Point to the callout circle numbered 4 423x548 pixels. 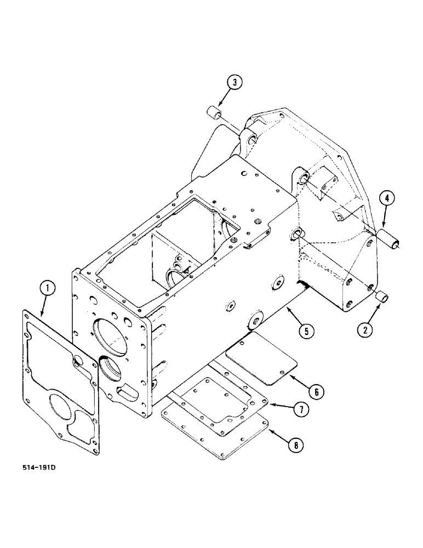pyautogui.click(x=386, y=198)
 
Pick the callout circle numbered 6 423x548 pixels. pyautogui.click(x=317, y=392)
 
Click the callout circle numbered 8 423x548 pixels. pyautogui.click(x=296, y=446)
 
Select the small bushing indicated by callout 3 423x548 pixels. pyautogui.click(x=214, y=116)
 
